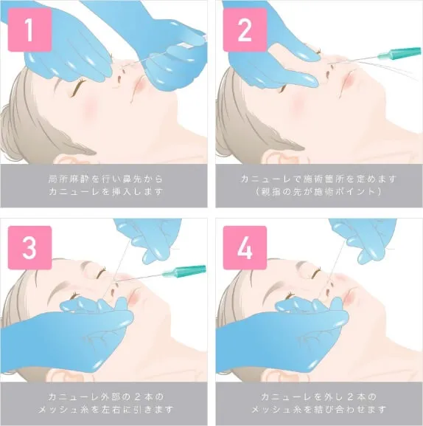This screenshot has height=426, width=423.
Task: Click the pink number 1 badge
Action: pos(29,30)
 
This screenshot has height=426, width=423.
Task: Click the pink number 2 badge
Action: pos(245,30)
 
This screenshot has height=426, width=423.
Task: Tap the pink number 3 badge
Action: pos(29,247)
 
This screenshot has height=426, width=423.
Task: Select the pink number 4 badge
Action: pos(245,247)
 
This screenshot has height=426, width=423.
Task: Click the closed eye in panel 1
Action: pos(79,86)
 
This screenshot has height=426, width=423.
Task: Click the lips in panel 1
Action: pos(138,87)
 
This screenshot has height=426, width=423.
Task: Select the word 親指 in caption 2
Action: pos(272,191)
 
